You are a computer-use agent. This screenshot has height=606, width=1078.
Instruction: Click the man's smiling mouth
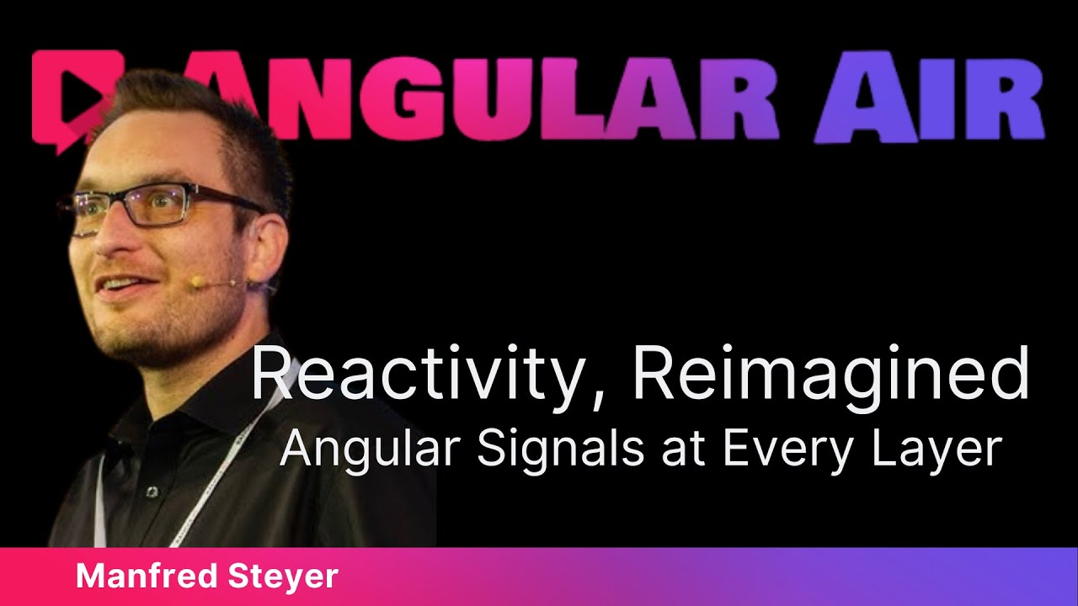click(118, 290)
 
